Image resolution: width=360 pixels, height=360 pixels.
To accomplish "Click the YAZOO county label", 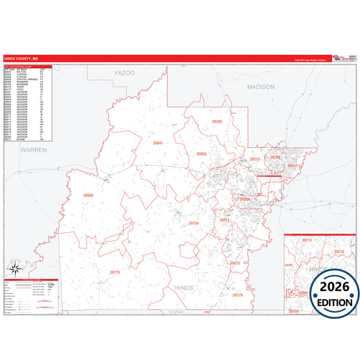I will tap(124, 72).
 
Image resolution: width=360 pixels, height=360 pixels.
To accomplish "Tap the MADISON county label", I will tap(261, 87).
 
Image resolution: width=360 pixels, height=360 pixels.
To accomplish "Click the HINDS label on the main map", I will tap(184, 289).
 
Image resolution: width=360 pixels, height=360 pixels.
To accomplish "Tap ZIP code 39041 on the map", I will tap(158, 144).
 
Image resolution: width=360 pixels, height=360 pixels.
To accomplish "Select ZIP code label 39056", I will tap(201, 154).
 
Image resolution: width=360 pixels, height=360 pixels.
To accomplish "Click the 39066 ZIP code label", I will tap(88, 195).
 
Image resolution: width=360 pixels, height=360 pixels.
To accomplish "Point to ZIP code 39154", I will tap(194, 222).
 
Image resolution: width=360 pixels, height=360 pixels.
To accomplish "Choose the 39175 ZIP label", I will tap(114, 272).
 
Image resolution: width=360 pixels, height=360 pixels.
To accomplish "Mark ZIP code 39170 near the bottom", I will tap(237, 295).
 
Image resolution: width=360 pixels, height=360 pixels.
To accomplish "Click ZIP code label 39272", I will tap(234, 263).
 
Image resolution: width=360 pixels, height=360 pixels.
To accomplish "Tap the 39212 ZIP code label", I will tap(224, 220).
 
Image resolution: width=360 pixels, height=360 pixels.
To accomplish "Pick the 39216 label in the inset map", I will tap(338, 251).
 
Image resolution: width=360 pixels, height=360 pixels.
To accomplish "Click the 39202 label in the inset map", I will tap(303, 293).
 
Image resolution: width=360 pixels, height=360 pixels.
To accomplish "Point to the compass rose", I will tap(13, 271).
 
